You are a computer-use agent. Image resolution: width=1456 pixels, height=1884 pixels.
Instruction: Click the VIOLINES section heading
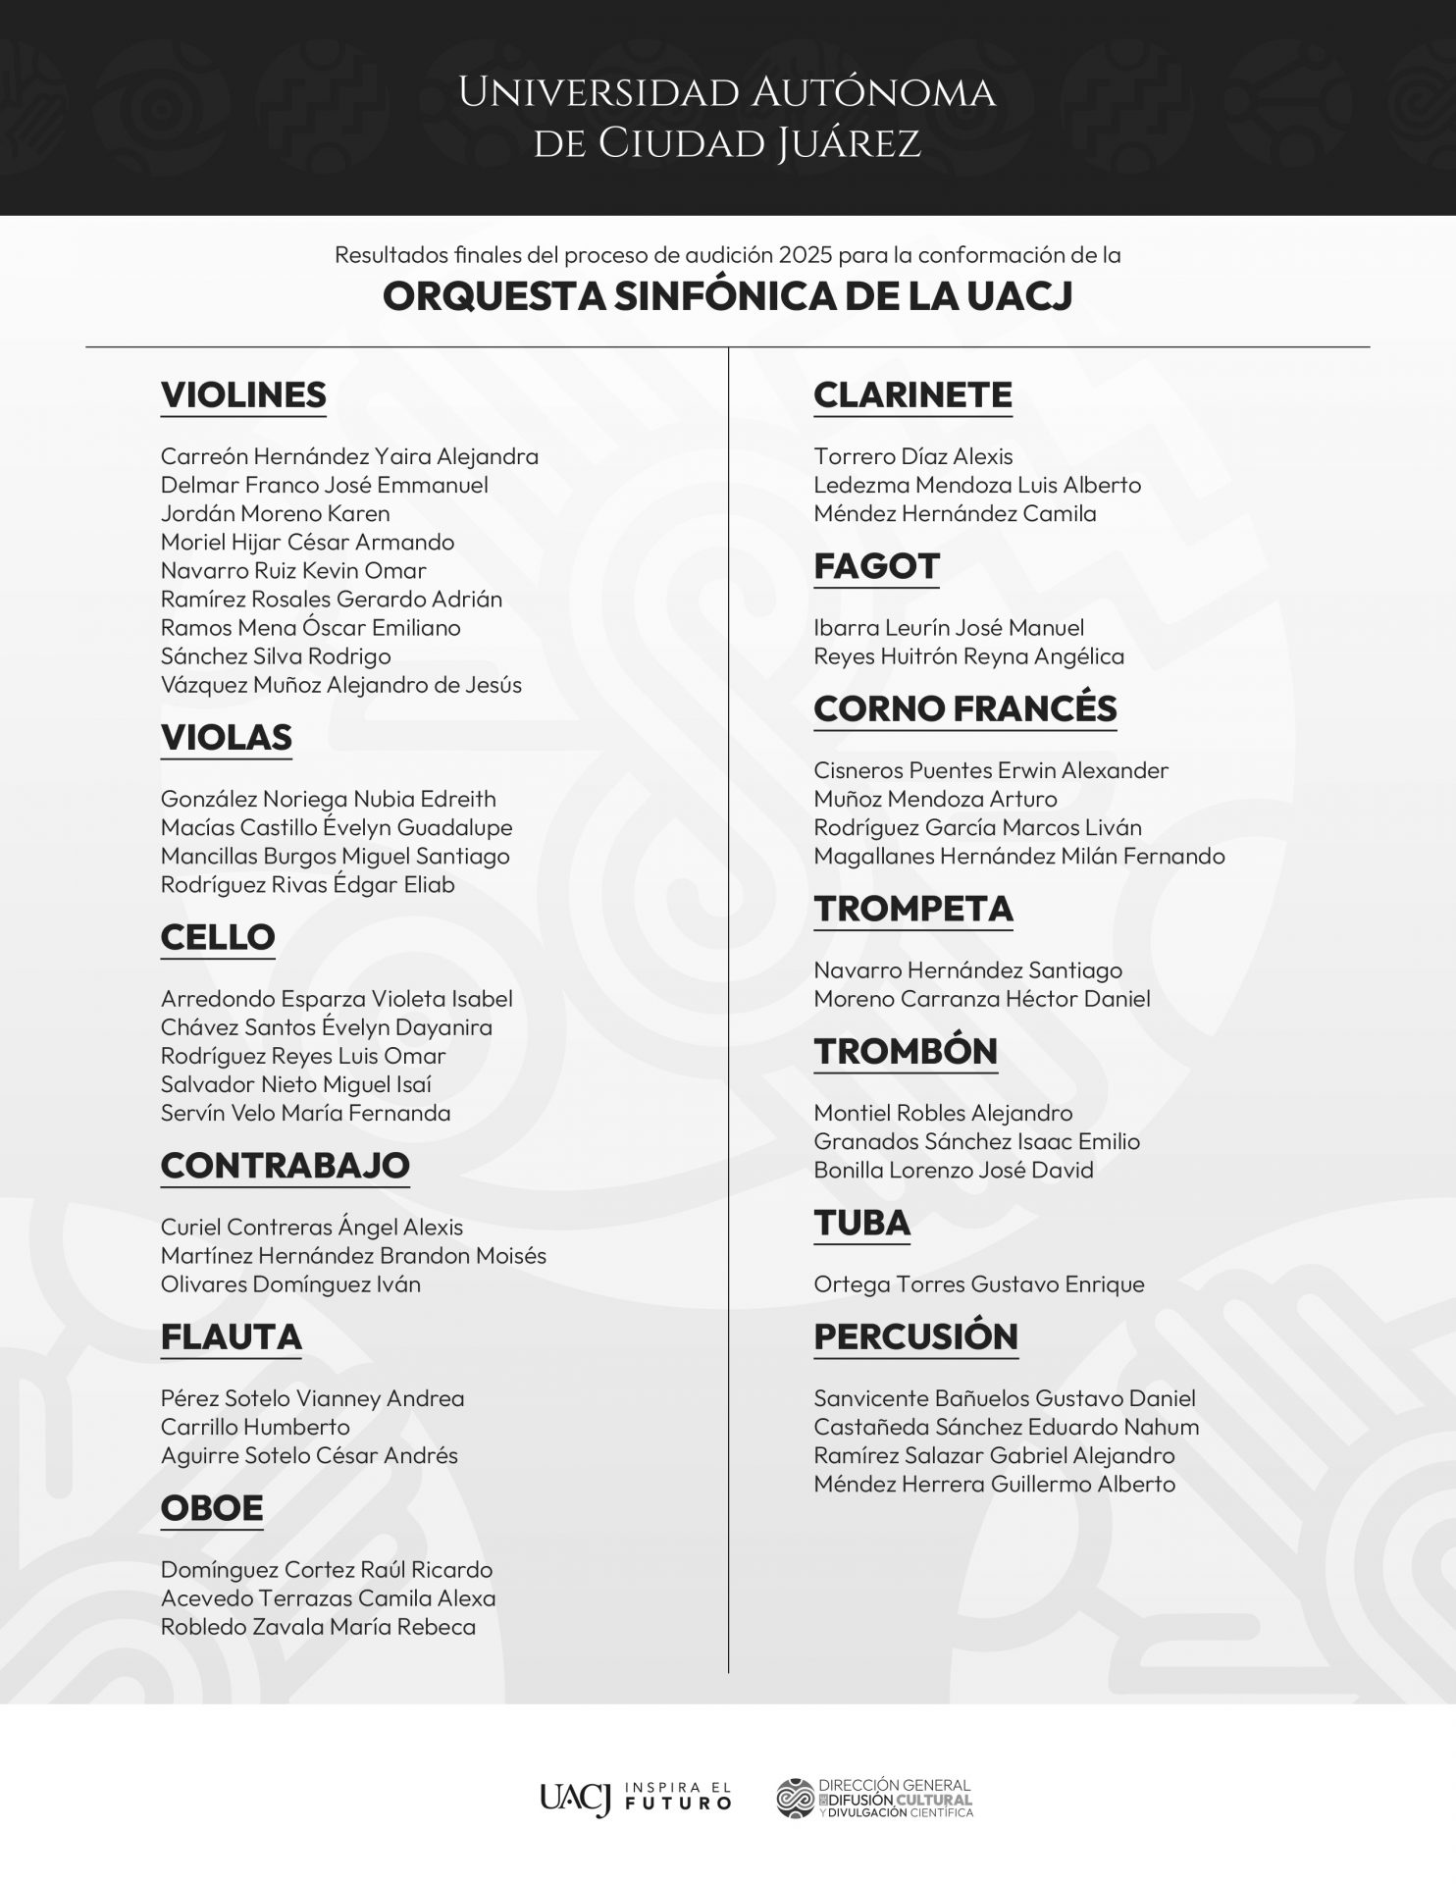(x=243, y=394)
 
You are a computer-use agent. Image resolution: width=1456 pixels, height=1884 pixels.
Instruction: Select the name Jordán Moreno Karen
(x=275, y=513)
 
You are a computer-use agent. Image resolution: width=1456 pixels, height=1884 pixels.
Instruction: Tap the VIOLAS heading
(x=227, y=737)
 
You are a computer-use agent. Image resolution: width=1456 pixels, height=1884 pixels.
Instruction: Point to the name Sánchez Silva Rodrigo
(x=276, y=655)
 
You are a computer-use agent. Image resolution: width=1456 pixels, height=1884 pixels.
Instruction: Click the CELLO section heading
(x=218, y=936)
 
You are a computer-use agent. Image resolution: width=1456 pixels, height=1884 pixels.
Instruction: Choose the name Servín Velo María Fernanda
(x=305, y=1113)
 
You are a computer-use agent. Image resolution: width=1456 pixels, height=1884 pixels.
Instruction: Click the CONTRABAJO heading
(x=285, y=1165)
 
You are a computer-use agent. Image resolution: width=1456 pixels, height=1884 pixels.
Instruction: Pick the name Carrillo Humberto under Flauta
(x=255, y=1427)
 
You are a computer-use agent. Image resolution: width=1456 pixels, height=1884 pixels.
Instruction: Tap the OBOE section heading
(x=212, y=1507)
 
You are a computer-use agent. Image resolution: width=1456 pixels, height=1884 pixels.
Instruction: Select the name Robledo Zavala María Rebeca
(x=318, y=1626)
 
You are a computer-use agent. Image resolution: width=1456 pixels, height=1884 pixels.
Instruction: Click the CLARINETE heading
(x=912, y=394)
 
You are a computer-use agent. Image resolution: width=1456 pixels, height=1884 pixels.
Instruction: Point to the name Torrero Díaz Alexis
(x=912, y=456)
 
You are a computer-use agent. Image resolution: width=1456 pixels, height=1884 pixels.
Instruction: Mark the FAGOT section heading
(x=876, y=566)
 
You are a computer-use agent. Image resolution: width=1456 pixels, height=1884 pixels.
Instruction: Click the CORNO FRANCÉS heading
(x=965, y=708)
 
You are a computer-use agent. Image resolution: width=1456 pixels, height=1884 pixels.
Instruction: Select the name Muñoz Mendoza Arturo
(x=935, y=799)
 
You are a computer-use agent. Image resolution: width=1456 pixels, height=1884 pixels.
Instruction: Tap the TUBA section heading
(x=861, y=1223)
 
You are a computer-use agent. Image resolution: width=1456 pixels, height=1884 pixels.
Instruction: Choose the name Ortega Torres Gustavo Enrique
(x=978, y=1283)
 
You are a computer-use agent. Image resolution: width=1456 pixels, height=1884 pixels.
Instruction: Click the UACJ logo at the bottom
(x=575, y=1798)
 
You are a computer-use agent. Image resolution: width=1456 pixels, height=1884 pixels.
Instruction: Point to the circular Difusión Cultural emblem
(x=795, y=1798)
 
